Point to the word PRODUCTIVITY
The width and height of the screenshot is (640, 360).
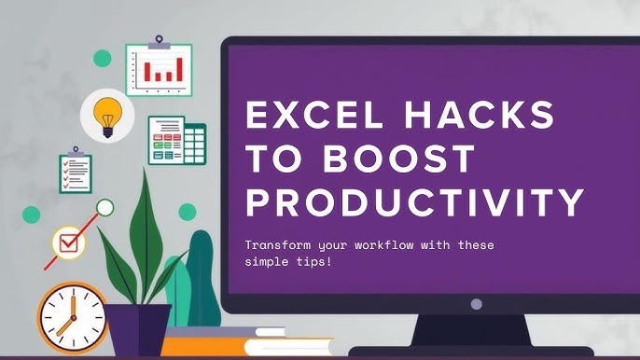[x=414, y=201]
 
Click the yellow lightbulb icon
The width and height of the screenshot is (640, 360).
[x=107, y=115]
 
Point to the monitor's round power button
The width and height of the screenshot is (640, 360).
[x=477, y=304]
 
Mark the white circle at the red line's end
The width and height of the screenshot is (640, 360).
[x=105, y=207]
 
